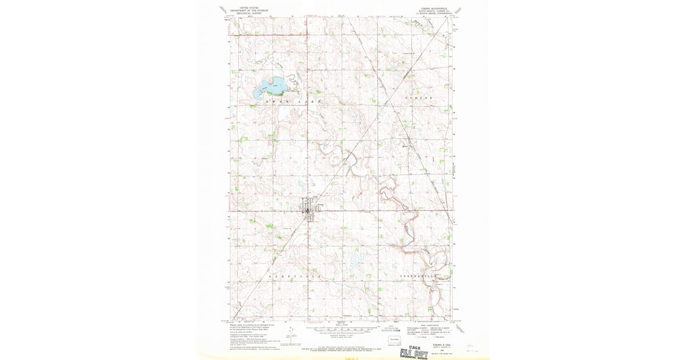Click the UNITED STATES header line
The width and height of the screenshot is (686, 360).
249,8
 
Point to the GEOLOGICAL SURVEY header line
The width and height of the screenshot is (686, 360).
249,13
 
